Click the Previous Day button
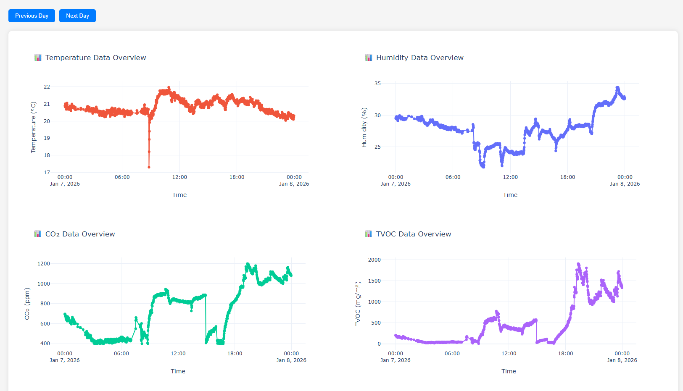(x=32, y=16)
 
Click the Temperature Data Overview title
(x=95, y=58)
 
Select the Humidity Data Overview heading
(x=419, y=58)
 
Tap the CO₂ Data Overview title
(x=80, y=234)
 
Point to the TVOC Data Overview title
(x=413, y=234)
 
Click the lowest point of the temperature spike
(x=149, y=167)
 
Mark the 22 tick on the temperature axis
(x=47, y=87)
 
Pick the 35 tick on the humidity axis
(x=377, y=84)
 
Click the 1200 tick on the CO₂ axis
(x=44, y=264)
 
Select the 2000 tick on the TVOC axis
(x=374, y=260)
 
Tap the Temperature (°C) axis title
(x=34, y=127)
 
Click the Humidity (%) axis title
(x=364, y=127)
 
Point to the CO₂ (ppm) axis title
(x=27, y=304)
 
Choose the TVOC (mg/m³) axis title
(x=358, y=304)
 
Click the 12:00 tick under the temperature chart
(x=179, y=177)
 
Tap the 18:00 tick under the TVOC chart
(x=565, y=354)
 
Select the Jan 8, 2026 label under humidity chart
(x=625, y=184)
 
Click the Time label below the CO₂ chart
(x=178, y=371)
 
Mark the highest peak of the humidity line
(x=617, y=88)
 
